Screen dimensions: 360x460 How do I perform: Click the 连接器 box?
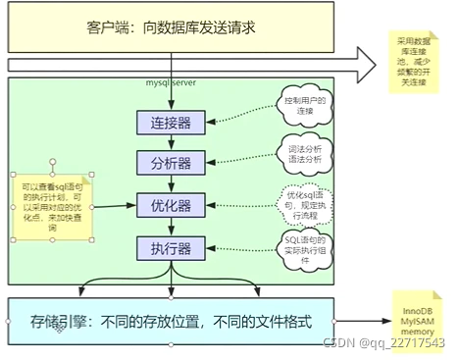[172, 123]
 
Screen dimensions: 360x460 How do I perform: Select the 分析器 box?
[172, 163]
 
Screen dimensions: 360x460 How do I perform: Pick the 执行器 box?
[172, 248]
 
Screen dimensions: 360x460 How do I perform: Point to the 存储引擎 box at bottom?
[172, 321]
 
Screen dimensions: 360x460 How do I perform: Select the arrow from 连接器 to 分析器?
[172, 142]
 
